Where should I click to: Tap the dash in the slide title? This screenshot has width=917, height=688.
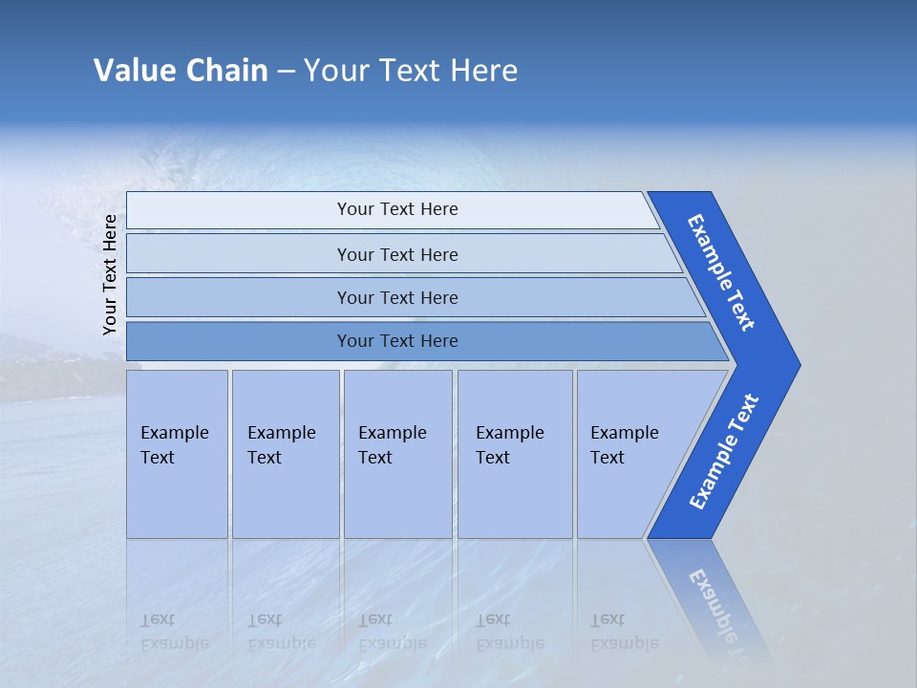286,72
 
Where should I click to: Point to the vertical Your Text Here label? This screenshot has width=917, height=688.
110,274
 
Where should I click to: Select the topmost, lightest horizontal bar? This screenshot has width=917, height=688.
397,209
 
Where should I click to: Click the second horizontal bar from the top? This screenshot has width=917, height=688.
397,254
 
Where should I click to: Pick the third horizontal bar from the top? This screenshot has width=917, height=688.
397,297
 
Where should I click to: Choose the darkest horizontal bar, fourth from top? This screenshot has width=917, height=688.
397,341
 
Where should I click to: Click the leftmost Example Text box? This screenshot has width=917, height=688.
177,454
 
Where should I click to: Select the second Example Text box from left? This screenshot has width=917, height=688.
285,454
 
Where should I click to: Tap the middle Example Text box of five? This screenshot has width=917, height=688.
397,454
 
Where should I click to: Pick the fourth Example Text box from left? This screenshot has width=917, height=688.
514,454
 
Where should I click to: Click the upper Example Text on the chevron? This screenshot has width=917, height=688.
722,272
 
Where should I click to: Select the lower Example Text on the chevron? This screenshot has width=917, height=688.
723,452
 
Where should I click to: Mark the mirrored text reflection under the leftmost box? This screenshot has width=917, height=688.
174,632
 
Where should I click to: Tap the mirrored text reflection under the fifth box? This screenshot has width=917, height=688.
624,632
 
